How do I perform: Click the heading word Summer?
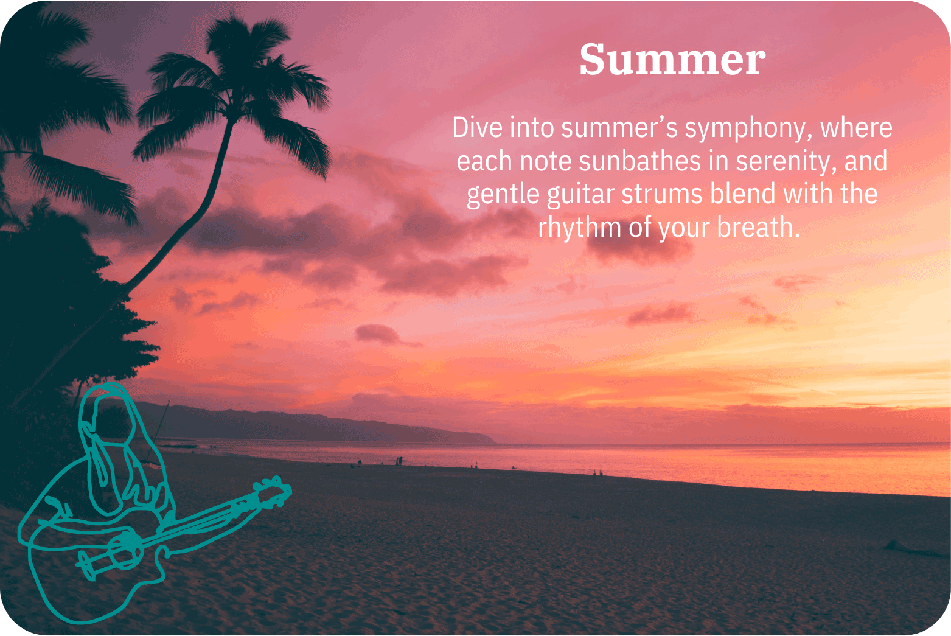click(x=672, y=60)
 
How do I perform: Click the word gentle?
click(x=503, y=195)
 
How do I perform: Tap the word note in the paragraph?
click(x=546, y=161)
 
